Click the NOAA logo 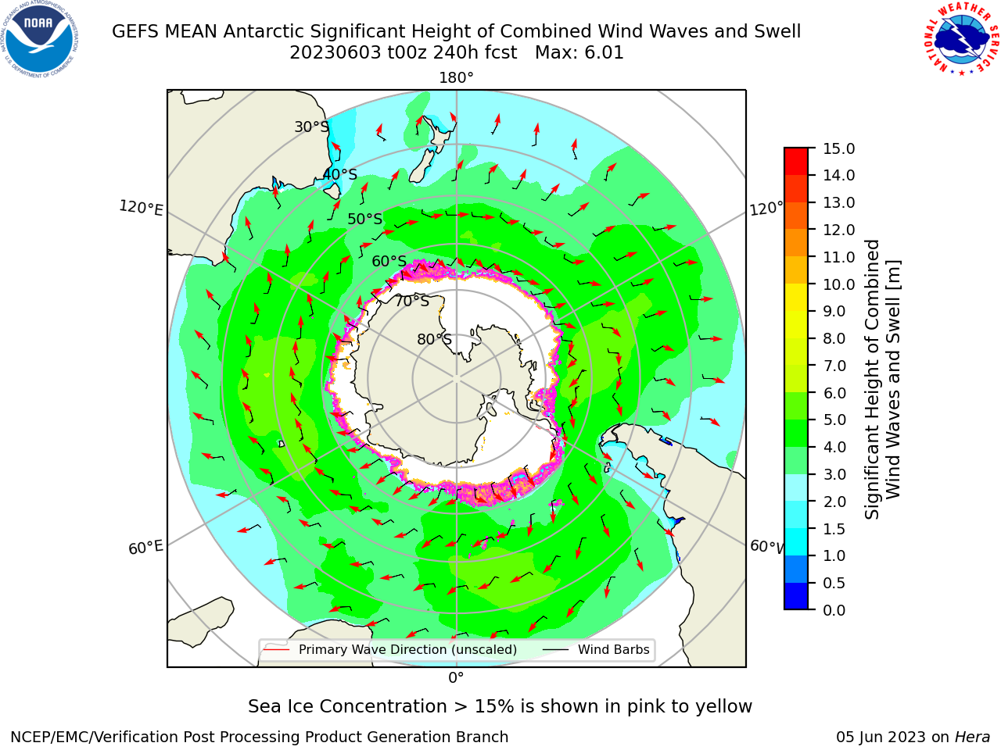(x=40, y=39)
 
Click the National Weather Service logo (x=961, y=39)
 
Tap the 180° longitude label (x=456, y=78)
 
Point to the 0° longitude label (x=456, y=678)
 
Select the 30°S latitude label (x=311, y=127)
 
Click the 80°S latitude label (x=434, y=339)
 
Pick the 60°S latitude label (x=389, y=261)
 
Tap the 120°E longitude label (x=141, y=208)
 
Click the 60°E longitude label (x=145, y=548)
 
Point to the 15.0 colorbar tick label (x=838, y=148)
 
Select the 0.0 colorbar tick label (x=834, y=610)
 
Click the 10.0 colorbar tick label (x=838, y=284)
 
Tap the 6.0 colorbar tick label (x=834, y=393)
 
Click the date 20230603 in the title (x=335, y=53)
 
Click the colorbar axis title (x=882, y=379)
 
